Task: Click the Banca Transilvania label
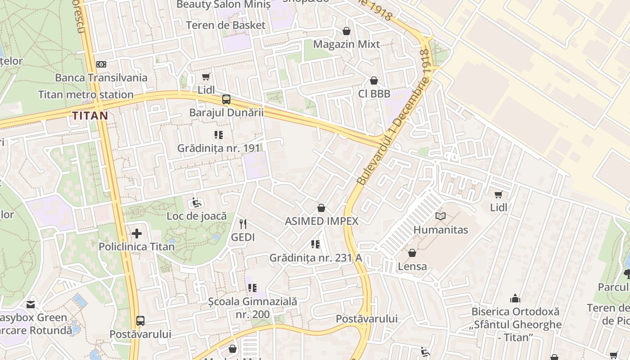click(x=101, y=78)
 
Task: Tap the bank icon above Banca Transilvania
click(x=101, y=64)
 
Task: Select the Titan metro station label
click(x=85, y=95)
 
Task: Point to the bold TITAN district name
click(x=90, y=116)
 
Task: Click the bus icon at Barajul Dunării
click(x=226, y=99)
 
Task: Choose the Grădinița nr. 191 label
click(x=219, y=148)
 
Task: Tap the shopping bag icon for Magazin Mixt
click(x=346, y=31)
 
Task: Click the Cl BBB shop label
click(x=374, y=94)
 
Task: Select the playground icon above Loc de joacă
click(x=197, y=203)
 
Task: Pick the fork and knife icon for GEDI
click(x=243, y=224)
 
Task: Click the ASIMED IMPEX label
click(x=322, y=221)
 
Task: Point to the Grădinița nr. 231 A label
click(x=315, y=258)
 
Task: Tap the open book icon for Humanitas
click(x=441, y=216)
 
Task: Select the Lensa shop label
click(x=412, y=266)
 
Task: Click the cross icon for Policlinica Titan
click(x=137, y=234)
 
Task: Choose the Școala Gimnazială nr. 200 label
click(x=252, y=308)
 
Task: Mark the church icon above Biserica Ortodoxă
click(x=515, y=298)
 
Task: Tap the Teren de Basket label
click(x=226, y=25)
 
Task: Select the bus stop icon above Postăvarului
click(x=140, y=321)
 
